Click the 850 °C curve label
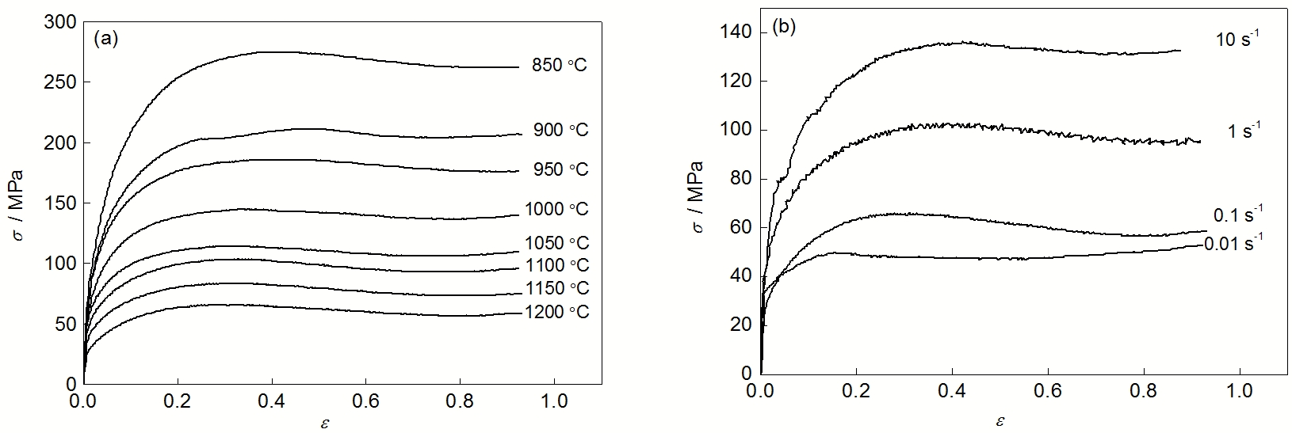click(x=560, y=66)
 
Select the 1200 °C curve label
click(x=556, y=312)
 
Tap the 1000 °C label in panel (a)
click(x=556, y=210)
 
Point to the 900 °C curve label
click(x=560, y=131)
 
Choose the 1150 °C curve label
click(x=556, y=288)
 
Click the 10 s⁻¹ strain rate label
click(x=1235, y=40)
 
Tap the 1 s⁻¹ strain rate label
click(x=1243, y=131)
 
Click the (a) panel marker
click(x=105, y=40)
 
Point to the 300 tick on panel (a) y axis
click(x=62, y=23)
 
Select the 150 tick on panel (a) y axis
click(x=62, y=203)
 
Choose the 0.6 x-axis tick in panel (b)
click(x=1048, y=391)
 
